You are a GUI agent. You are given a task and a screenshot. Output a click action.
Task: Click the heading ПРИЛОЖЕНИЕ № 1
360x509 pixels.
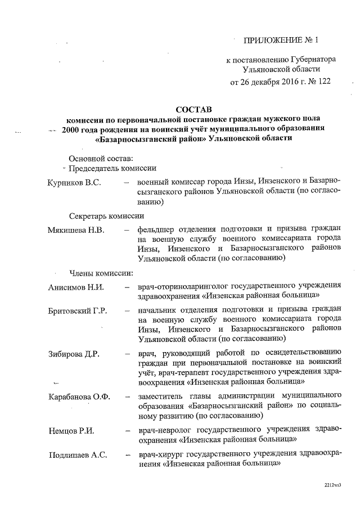coord(280,40)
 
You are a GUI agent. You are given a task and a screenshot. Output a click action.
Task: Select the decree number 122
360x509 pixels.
coord(322,81)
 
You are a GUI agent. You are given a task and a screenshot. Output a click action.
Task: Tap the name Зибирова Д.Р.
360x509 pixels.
coord(74,353)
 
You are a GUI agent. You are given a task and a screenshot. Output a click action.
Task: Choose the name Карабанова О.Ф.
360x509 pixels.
coord(79,396)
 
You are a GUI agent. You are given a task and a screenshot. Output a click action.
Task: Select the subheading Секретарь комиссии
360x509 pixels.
coord(107,216)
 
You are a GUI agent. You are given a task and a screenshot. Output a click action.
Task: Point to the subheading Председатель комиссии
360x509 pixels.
coord(112,168)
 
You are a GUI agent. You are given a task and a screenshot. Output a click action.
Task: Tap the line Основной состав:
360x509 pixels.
coord(101,157)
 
